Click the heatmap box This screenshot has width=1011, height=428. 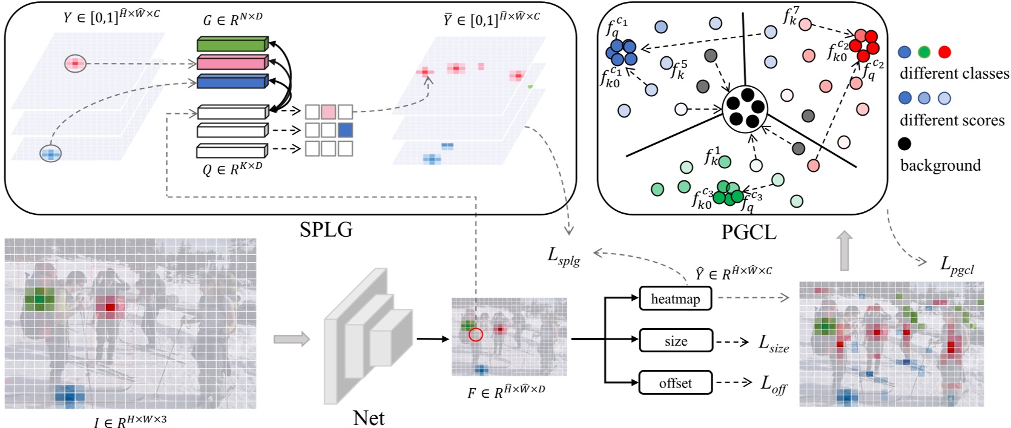(675, 298)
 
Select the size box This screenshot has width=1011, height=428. (676, 341)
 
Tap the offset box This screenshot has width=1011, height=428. (675, 383)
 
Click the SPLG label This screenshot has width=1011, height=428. (326, 229)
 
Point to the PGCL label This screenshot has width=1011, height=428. (748, 231)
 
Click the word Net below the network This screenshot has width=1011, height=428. (368, 418)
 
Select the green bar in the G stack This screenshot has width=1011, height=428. (232, 44)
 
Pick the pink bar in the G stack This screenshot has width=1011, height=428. (232, 62)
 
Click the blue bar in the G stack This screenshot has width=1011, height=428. (232, 81)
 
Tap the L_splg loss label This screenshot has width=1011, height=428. (564, 257)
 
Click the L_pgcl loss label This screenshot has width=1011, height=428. (957, 265)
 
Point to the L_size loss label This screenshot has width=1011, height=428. (774, 343)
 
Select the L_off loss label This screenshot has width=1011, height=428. (773, 384)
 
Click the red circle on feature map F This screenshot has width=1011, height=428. (476, 334)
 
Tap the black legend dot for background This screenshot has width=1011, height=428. (904, 143)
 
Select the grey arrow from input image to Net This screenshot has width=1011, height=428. (291, 340)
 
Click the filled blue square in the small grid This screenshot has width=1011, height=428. (345, 130)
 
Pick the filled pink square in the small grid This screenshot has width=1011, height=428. (329, 111)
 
